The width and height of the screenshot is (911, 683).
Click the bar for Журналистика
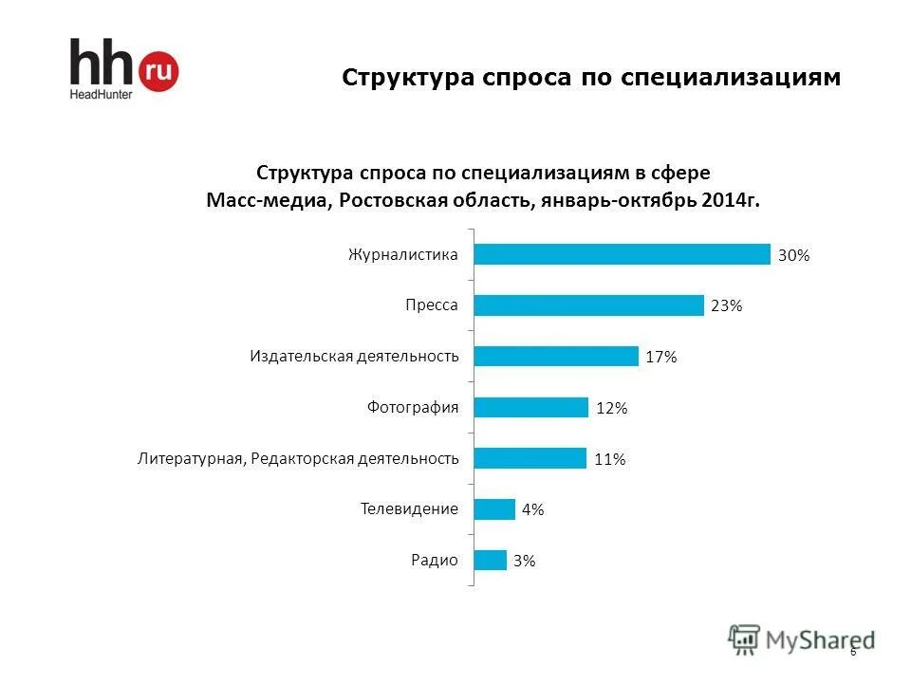pyautogui.click(x=622, y=254)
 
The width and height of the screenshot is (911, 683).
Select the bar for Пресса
pyautogui.click(x=588, y=305)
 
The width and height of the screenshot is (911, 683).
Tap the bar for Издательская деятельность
pyautogui.click(x=556, y=356)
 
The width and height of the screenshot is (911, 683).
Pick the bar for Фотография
pyautogui.click(x=531, y=407)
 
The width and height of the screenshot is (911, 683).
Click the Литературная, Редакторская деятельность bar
pyautogui.click(x=530, y=458)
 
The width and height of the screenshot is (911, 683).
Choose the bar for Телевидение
pyautogui.click(x=494, y=509)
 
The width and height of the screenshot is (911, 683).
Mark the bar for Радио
pyautogui.click(x=491, y=561)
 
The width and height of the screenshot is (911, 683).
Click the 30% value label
pyautogui.click(x=793, y=255)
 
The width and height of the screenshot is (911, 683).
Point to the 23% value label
pyautogui.click(x=726, y=306)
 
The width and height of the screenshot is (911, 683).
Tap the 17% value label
pyautogui.click(x=660, y=357)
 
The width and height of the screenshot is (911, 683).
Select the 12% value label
pyautogui.click(x=611, y=408)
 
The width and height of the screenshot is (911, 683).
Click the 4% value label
pyautogui.click(x=532, y=510)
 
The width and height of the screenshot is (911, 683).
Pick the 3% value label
pyautogui.click(x=524, y=562)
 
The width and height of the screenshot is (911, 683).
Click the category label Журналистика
pyautogui.click(x=403, y=255)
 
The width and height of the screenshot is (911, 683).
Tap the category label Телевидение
pyautogui.click(x=409, y=509)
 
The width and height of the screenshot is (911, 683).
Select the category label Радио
pyautogui.click(x=434, y=560)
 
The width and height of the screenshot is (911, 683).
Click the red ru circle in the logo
pyautogui.click(x=158, y=69)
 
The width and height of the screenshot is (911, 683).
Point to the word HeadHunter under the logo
pyautogui.click(x=100, y=94)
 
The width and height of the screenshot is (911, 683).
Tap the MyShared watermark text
pyautogui.click(x=819, y=639)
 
